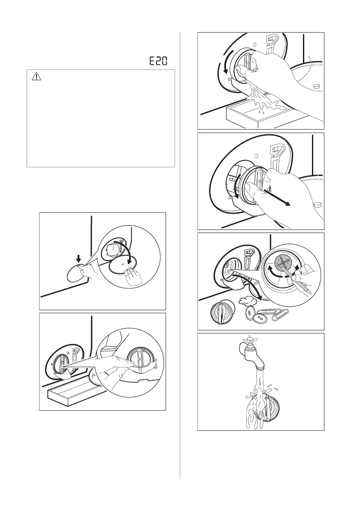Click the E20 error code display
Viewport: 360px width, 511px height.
pos(159,61)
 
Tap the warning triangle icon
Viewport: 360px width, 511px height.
pos(36,76)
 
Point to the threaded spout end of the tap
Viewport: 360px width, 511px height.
pos(260,369)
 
